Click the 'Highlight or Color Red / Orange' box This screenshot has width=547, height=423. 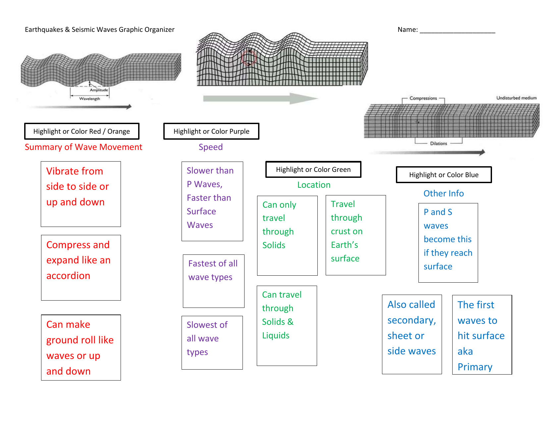point(82,131)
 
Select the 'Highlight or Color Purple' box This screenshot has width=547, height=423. point(211,131)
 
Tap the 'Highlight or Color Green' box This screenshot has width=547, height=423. point(313,170)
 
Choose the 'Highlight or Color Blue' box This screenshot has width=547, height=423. point(444,175)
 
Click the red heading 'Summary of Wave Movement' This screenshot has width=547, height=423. point(83,147)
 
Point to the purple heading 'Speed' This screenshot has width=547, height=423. point(211,147)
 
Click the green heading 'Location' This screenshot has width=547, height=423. point(314,185)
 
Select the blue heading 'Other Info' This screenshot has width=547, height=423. point(444,193)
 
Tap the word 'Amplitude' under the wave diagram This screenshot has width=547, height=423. point(99,90)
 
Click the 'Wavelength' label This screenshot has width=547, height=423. point(89,99)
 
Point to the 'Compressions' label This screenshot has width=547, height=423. point(423,98)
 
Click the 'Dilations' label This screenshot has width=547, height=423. point(439,143)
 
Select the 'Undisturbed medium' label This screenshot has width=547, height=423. point(516,98)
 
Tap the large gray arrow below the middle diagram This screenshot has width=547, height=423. point(260,98)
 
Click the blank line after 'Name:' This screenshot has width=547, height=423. point(458,33)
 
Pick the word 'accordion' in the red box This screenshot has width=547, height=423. point(68,275)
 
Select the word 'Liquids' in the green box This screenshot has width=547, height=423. point(276,335)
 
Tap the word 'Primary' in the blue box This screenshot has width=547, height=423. point(475,367)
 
